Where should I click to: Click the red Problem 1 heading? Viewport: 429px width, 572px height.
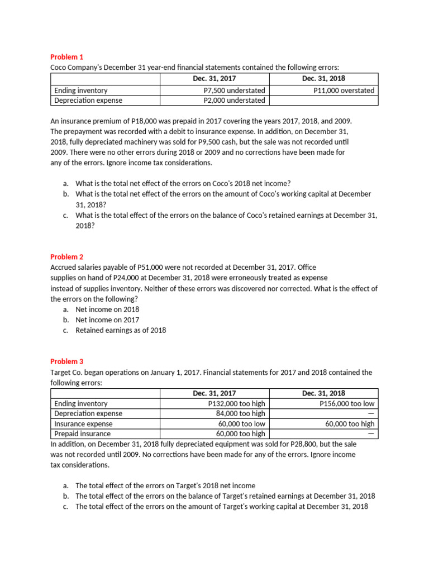[x=66, y=57]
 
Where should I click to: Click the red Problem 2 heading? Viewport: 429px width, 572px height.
[x=66, y=257]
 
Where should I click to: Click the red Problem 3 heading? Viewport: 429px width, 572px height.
[x=66, y=361]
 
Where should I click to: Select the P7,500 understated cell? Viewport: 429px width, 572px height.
[x=235, y=90]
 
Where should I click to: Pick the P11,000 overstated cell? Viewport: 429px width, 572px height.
[x=344, y=90]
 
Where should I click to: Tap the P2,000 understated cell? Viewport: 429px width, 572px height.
[x=235, y=101]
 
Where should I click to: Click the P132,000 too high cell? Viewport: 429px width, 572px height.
[x=236, y=403]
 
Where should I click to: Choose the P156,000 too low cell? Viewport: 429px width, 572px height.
[x=347, y=403]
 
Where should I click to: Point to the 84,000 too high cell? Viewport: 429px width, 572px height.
[x=240, y=413]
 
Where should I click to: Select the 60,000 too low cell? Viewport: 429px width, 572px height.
[x=241, y=423]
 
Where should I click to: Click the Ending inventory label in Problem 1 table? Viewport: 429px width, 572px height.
[x=81, y=90]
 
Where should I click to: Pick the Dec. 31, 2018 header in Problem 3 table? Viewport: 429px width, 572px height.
[x=323, y=393]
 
